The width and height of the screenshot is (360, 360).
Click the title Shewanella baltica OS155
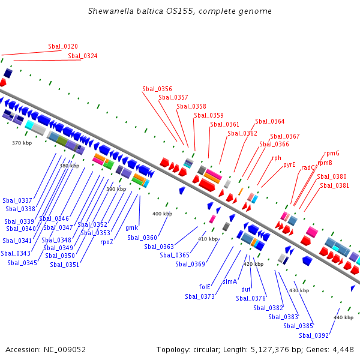point(179,11)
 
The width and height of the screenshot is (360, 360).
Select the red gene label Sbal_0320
point(63,46)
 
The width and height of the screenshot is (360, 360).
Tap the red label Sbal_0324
point(83,56)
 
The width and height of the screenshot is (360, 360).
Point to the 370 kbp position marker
point(22,143)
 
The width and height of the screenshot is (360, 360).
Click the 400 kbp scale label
point(162,214)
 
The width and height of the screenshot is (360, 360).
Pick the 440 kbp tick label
point(343,317)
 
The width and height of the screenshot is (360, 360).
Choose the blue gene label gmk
point(132,227)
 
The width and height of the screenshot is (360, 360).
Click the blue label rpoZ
point(107,242)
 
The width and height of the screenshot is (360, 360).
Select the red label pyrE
point(289,164)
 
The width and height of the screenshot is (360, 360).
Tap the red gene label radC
point(308,167)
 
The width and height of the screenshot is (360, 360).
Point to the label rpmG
point(331,153)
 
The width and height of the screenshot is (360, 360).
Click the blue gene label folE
point(205,286)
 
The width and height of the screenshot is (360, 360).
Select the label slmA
point(230,281)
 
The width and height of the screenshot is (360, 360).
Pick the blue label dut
point(246,289)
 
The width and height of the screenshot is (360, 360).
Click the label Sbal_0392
point(314,335)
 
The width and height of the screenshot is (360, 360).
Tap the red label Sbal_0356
point(157,89)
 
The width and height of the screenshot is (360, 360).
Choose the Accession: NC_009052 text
point(46,349)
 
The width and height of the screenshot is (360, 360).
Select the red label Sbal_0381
point(334,185)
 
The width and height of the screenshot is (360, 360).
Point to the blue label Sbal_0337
point(17,200)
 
